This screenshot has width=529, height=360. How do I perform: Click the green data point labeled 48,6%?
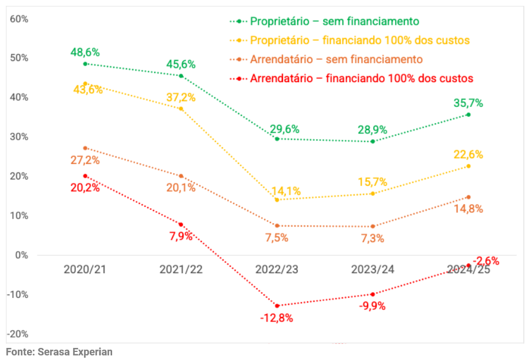(85, 64)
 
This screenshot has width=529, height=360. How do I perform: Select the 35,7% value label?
(468, 104)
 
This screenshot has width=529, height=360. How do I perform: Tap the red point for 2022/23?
(277, 306)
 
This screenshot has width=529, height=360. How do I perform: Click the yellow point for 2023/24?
(373, 193)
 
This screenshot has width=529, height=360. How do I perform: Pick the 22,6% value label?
(468, 155)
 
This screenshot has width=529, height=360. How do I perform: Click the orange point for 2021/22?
(181, 176)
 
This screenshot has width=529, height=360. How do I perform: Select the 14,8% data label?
(468, 209)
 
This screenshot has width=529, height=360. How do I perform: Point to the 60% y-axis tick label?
(19, 19)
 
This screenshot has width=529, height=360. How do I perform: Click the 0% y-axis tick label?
(21, 255)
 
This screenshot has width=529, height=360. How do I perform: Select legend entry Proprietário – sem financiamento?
(334, 21)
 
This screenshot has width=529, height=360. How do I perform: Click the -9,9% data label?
(373, 306)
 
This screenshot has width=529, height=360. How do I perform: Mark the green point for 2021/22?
(181, 76)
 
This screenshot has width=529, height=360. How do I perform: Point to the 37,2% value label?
(181, 97)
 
